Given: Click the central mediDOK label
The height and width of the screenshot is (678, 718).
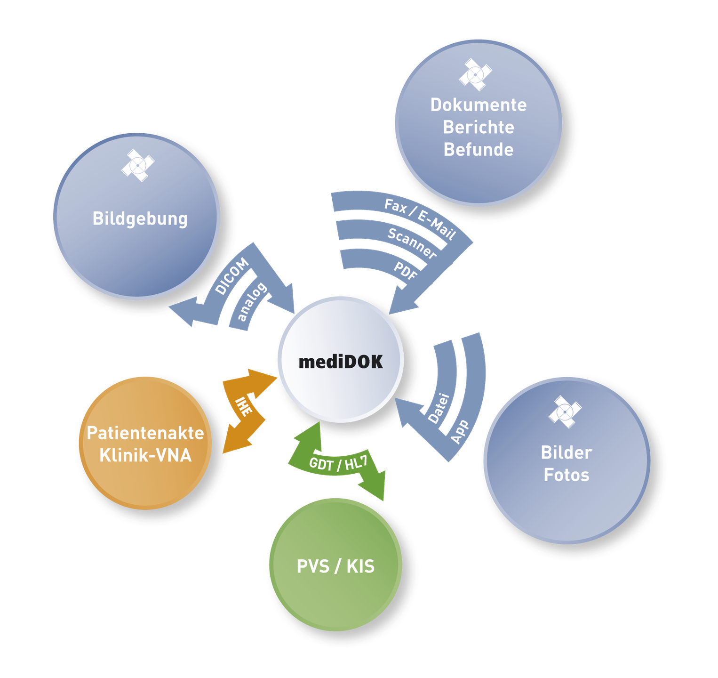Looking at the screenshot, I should (341, 362).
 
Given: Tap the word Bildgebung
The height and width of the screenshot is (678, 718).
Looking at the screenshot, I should (140, 218).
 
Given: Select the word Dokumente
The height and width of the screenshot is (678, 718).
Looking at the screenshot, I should (479, 105).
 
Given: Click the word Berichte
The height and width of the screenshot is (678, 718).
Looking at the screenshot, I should (479, 127).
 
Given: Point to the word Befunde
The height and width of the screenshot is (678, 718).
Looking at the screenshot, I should (479, 150).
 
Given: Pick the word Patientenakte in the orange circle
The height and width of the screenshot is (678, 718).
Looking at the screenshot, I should (145, 433).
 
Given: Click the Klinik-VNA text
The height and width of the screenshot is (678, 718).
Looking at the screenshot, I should (145, 455).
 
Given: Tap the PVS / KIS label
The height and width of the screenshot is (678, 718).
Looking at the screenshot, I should (335, 566).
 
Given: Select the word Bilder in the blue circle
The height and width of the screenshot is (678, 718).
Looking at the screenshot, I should (566, 452).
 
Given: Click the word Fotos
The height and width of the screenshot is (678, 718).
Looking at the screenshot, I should (566, 475).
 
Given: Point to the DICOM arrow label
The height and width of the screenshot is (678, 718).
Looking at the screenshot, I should (231, 276).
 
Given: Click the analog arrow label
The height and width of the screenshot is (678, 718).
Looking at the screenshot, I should (251, 302).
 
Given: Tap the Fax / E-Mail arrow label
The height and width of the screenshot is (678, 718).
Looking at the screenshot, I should (420, 219).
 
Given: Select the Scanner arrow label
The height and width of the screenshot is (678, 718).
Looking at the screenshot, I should (412, 242).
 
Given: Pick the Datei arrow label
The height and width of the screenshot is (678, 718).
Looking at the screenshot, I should (439, 408).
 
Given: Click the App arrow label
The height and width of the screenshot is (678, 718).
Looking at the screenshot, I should (460, 431).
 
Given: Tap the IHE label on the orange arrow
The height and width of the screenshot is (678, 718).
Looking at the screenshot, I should (244, 406).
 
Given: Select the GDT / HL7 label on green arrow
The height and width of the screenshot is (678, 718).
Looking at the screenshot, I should (338, 463).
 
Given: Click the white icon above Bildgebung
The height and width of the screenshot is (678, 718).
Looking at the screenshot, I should (137, 165).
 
